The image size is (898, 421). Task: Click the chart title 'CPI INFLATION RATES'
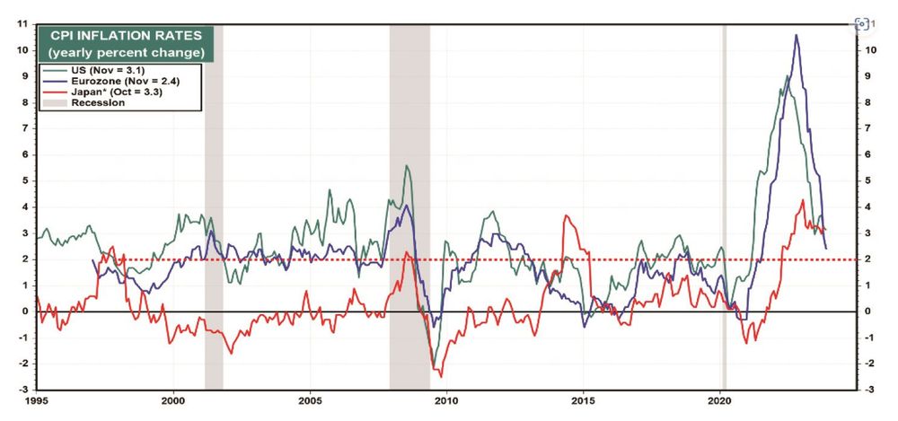point(126,36)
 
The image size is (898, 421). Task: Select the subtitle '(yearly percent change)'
point(126,53)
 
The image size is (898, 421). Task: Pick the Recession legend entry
point(84,103)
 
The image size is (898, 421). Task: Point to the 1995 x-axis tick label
point(37,401)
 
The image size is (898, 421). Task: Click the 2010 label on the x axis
point(446,401)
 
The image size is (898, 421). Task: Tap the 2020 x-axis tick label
point(720,401)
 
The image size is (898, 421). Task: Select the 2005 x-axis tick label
point(311,401)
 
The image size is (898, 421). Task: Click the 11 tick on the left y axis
point(23,24)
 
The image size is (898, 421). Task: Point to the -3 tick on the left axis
point(23,390)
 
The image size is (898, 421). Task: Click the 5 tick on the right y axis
point(868,181)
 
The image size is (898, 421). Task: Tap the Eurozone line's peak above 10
point(796,35)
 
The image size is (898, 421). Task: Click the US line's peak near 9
point(788,76)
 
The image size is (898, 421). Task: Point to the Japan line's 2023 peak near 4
point(803,200)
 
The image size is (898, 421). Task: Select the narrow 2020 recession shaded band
point(725,206)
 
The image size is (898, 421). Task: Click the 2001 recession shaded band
point(214,206)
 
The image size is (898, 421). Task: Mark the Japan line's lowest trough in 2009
point(441,376)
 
